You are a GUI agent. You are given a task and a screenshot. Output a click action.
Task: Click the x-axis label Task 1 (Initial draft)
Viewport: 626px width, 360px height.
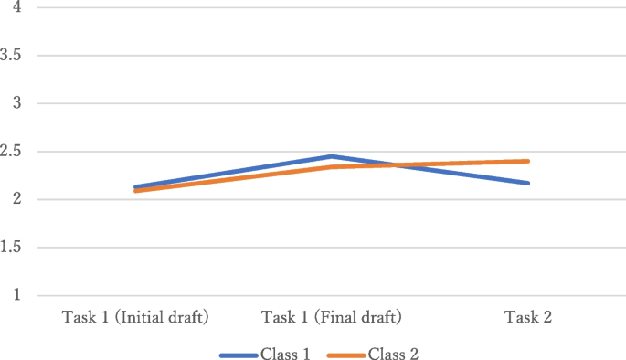pos(135,318)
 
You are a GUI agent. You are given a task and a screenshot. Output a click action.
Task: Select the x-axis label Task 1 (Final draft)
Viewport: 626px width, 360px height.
pos(332,318)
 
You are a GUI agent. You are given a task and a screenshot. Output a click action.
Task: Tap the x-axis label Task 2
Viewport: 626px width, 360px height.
pos(528,318)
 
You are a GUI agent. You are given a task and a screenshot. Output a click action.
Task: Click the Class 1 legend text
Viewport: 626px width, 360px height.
pos(286,353)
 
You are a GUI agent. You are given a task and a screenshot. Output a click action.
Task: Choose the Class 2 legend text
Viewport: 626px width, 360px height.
pos(394,353)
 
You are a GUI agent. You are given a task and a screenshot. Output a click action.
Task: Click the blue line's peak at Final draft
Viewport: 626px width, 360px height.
pos(332,156)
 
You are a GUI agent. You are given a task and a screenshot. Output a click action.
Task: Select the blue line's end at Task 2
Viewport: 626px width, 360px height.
pos(528,183)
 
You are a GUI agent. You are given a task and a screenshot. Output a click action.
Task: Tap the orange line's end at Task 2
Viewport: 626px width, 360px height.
pos(528,161)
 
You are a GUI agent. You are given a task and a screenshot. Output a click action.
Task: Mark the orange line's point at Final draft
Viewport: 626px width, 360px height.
pos(332,167)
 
